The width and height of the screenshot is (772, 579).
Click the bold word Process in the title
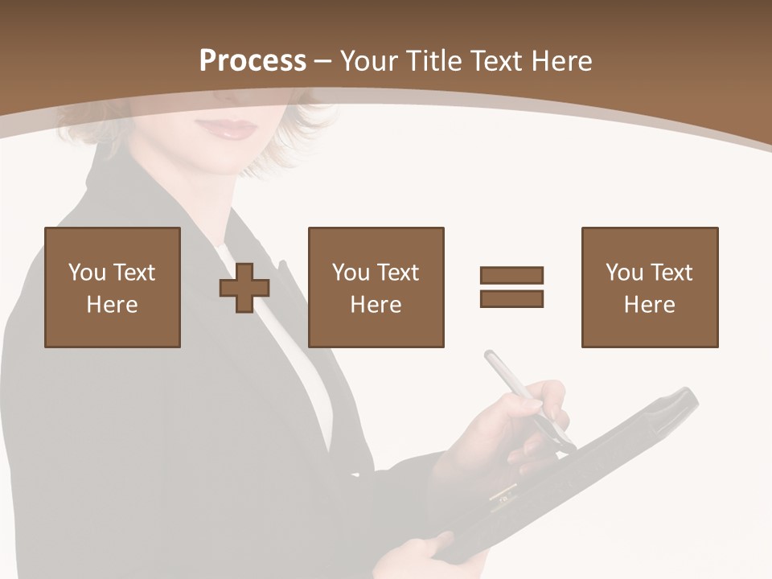coord(253,61)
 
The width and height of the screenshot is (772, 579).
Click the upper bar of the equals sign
coord(511,275)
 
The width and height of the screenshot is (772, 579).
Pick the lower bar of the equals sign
coord(511,298)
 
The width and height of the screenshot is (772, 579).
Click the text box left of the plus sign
coord(113,287)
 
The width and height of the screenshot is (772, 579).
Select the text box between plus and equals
coord(376,287)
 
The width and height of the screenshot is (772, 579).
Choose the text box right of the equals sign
coord(649,287)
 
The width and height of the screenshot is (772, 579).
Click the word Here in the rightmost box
coord(649,305)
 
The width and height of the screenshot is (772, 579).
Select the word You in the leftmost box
coord(87,273)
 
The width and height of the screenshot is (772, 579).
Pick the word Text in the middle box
coord(397,273)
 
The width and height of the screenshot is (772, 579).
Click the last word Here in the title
coord(564,61)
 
